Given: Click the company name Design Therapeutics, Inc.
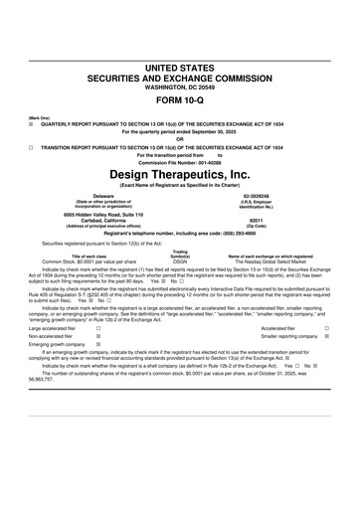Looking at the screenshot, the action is (x=179, y=174).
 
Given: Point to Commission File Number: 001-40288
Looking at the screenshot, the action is (x=179, y=162).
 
